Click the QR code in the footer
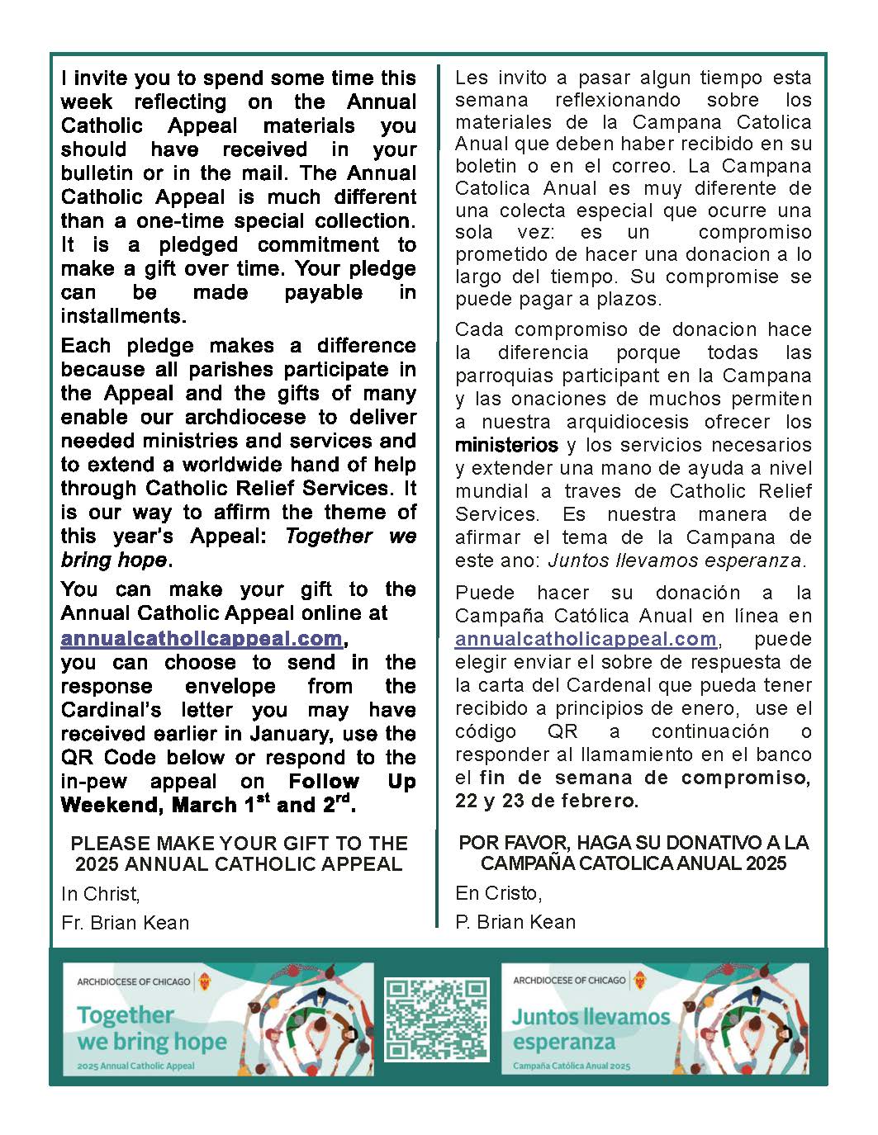[x=436, y=1019]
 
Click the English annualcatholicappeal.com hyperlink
[x=202, y=638]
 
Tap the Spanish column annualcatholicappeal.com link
[x=586, y=639]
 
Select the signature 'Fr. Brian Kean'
[x=125, y=922]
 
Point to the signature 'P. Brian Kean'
[x=515, y=921]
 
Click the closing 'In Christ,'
[x=101, y=893]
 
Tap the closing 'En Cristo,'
[x=499, y=892]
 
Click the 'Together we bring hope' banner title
[x=151, y=1028]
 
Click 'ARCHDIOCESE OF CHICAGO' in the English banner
[x=133, y=981]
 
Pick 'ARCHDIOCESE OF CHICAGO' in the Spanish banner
[x=569, y=980]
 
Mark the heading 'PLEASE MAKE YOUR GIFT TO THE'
[x=240, y=843]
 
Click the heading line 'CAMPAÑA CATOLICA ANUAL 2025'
[x=634, y=863]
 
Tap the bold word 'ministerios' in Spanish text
[x=506, y=445]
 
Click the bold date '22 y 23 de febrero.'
[x=547, y=800]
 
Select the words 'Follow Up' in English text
[x=352, y=781]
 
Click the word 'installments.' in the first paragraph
[x=124, y=315]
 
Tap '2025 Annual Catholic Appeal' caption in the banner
[x=136, y=1066]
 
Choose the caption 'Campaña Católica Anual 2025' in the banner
[x=571, y=1066]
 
